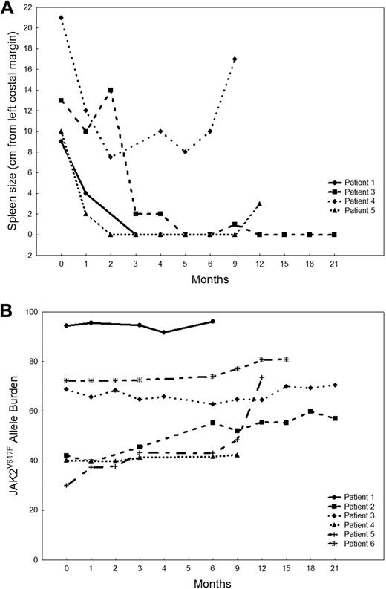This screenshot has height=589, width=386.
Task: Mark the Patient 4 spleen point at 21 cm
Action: point(61,17)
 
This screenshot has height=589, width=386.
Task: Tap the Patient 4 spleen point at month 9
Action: point(235,59)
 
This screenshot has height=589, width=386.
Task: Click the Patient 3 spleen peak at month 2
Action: point(111,90)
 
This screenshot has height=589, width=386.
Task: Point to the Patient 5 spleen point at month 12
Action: point(260,204)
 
